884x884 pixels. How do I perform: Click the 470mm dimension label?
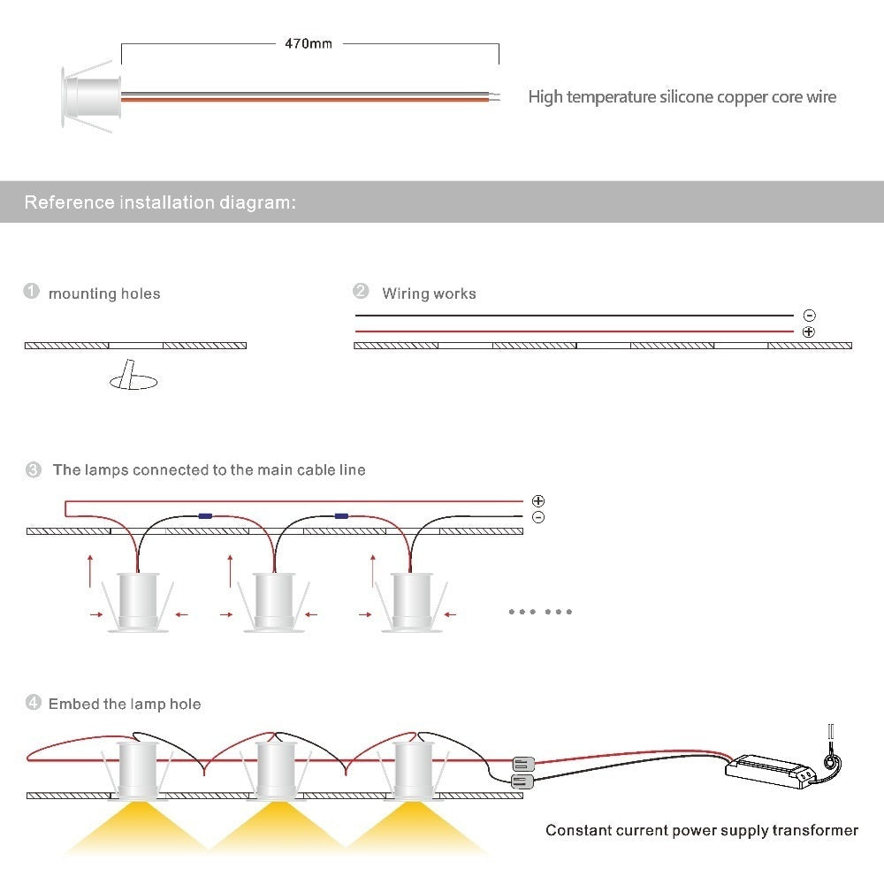click(309, 43)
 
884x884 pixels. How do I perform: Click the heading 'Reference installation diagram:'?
click(160, 202)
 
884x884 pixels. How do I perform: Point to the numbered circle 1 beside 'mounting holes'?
click(31, 291)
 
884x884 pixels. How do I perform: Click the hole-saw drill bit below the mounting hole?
click(133, 375)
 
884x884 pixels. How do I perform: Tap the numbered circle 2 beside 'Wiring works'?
click(361, 291)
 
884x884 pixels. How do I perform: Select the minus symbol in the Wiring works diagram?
click(809, 316)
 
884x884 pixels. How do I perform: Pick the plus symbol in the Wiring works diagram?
click(809, 332)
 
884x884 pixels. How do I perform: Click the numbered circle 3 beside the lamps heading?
click(34, 469)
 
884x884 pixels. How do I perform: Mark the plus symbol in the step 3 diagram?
click(538, 500)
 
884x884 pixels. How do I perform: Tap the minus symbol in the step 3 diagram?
click(538, 517)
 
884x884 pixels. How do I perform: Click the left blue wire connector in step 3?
click(205, 516)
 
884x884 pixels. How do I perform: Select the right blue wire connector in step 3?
click(341, 516)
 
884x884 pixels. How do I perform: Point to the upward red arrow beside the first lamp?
click(90, 571)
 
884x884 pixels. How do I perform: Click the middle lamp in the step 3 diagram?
click(275, 602)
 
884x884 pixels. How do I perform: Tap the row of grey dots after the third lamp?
click(540, 612)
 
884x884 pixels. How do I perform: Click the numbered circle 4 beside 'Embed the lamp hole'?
click(34, 703)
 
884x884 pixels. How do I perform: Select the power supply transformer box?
click(770, 771)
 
